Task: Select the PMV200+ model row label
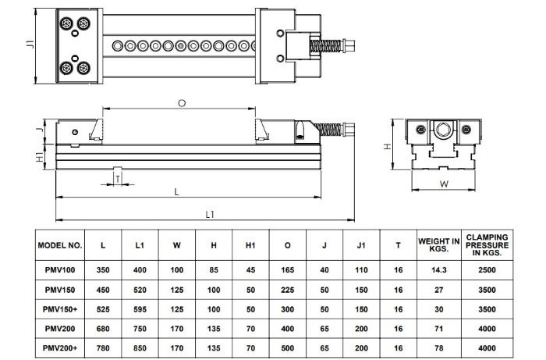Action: click(59, 346)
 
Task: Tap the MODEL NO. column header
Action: click(59, 245)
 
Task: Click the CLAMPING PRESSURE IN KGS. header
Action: click(487, 245)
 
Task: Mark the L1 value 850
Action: click(140, 346)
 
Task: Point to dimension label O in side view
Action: click(182, 102)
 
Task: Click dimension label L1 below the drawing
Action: click(209, 214)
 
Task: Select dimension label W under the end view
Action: click(443, 184)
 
